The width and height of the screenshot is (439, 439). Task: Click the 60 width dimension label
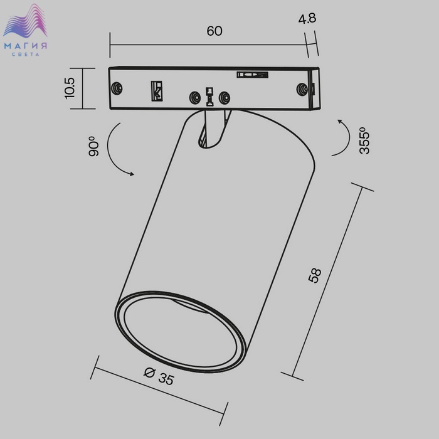tap(214, 31)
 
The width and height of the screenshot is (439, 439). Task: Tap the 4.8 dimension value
tap(307, 18)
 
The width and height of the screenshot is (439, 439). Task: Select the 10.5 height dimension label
tap(70, 88)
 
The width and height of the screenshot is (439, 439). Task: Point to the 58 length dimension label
tap(315, 275)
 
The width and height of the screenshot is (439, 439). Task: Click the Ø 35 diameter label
tap(159, 376)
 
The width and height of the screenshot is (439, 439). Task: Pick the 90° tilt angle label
tap(93, 146)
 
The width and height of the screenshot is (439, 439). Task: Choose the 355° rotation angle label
tap(364, 140)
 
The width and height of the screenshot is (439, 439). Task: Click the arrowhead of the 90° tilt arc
tap(132, 174)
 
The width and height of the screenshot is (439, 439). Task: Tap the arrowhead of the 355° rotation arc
tap(340, 122)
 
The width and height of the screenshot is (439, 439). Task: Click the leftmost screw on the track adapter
tap(117, 88)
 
